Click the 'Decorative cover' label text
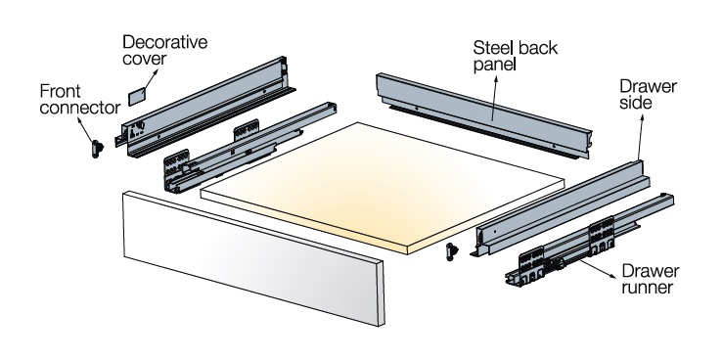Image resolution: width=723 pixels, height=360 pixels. pyautogui.click(x=164, y=50)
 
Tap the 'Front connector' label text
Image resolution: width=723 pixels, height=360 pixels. pyautogui.click(x=80, y=99)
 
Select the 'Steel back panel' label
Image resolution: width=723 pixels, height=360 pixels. pyautogui.click(x=516, y=56)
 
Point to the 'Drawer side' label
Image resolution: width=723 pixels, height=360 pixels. pyautogui.click(x=648, y=94)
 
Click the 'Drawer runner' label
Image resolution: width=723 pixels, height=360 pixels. pyautogui.click(x=651, y=279)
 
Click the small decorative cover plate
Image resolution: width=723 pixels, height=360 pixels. pyautogui.click(x=137, y=96)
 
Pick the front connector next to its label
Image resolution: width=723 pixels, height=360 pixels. pyautogui.click(x=97, y=149)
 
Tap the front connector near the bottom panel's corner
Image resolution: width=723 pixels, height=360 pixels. pyautogui.click(x=452, y=251)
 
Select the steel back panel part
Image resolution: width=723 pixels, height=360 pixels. pyautogui.click(x=483, y=115)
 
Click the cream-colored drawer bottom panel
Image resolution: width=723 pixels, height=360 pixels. pyautogui.click(x=383, y=187)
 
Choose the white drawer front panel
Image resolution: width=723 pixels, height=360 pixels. pyautogui.click(x=253, y=258)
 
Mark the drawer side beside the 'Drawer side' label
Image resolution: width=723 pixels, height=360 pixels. pyautogui.click(x=561, y=207)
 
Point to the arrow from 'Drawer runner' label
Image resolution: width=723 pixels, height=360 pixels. pyautogui.click(x=598, y=269)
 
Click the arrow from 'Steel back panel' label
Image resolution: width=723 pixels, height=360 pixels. pyautogui.click(x=495, y=98)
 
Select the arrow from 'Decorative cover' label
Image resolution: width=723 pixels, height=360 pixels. pyautogui.click(x=151, y=79)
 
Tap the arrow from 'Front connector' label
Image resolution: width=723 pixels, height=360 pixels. pyautogui.click(x=86, y=130)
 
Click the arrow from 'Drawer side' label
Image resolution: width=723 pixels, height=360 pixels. pyautogui.click(x=641, y=136)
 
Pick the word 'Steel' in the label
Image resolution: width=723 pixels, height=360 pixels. pyautogui.click(x=492, y=48)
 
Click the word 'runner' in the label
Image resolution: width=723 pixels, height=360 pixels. pyautogui.click(x=648, y=288)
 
